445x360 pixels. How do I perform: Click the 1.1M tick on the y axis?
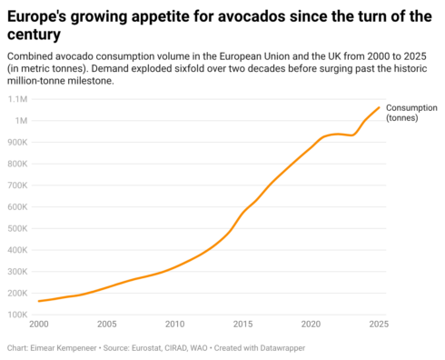coord(17,99)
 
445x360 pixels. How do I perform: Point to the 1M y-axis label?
coord(21,121)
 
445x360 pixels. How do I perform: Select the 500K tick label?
coord(17,228)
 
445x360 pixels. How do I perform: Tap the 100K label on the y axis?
coord(17,315)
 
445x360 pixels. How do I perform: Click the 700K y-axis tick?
coord(17,185)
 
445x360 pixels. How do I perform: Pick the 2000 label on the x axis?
coord(39,324)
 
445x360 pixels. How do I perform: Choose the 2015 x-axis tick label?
coord(242,324)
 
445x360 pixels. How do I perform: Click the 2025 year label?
coord(379,324)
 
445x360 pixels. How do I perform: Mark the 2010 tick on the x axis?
coord(174,324)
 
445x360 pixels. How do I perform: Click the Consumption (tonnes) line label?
coord(411,113)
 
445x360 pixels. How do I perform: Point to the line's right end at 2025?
coord(379,107)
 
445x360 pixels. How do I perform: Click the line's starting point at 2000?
coord(39,301)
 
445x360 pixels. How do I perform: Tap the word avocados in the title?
coord(252,16)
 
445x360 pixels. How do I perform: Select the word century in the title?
coord(34,35)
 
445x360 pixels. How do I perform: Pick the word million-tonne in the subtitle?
coord(36,81)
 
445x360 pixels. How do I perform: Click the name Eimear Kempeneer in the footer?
coord(64,348)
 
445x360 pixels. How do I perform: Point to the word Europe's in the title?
coord(36,16)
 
